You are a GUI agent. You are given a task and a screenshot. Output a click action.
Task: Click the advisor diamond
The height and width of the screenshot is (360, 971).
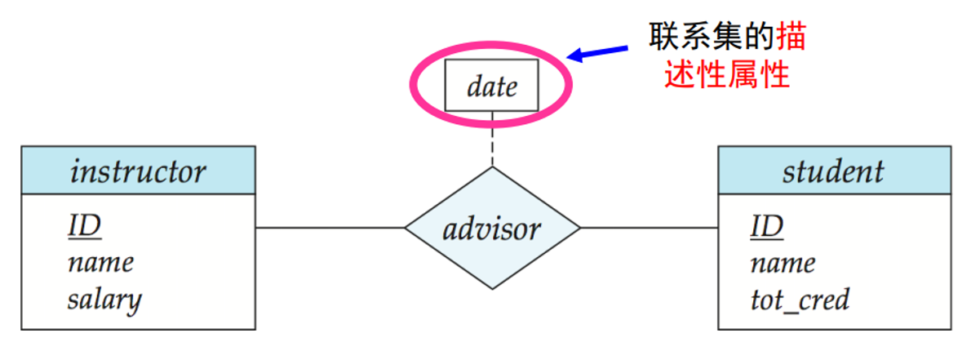(x=492, y=204)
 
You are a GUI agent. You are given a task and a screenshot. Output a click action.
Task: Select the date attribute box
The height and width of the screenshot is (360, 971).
(x=491, y=85)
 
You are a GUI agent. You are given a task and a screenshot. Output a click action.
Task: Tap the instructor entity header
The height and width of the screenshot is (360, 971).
(x=138, y=171)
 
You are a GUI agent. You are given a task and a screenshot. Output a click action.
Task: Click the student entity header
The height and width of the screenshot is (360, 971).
(x=834, y=171)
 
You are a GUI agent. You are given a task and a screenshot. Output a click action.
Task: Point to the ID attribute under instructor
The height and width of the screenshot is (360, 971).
(x=84, y=226)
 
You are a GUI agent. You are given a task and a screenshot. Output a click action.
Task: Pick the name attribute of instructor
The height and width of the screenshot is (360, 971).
(x=100, y=262)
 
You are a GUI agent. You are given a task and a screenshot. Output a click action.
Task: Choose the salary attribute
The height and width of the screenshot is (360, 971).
(x=104, y=299)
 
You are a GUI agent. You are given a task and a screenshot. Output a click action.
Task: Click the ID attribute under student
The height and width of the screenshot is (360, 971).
(x=766, y=226)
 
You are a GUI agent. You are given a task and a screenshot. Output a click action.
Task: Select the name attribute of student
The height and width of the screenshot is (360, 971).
(x=783, y=262)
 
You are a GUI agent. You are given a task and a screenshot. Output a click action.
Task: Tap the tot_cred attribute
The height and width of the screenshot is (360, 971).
(x=800, y=299)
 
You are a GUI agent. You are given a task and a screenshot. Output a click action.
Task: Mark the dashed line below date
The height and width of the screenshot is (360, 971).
(x=492, y=140)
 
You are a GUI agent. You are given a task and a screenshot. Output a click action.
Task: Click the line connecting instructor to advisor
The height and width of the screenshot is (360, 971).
(x=330, y=228)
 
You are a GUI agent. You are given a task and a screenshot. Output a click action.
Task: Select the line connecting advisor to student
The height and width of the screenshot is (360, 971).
(x=649, y=228)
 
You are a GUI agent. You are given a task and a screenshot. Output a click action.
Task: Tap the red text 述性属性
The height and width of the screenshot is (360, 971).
(x=727, y=75)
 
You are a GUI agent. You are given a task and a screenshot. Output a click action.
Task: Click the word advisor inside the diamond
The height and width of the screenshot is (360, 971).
(x=492, y=228)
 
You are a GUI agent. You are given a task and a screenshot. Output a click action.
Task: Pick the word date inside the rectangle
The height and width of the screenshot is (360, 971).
(x=492, y=86)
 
